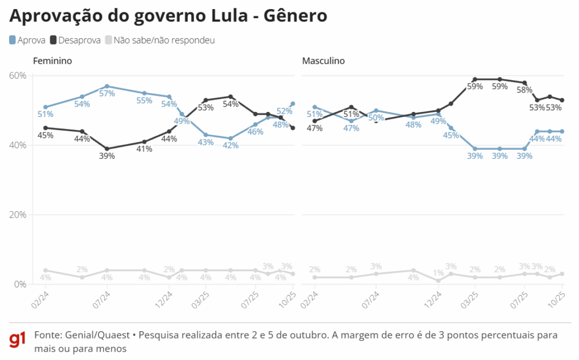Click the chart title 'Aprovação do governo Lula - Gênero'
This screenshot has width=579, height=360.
coord(168,16)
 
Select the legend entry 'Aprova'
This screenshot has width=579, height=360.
coord(28,40)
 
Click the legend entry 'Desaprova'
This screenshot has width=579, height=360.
coord(75,40)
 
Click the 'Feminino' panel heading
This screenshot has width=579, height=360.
coord(52,61)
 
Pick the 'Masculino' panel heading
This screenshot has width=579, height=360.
coord(323,61)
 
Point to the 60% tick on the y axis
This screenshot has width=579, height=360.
coord(18,76)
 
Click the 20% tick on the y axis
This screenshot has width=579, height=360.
coord(18,215)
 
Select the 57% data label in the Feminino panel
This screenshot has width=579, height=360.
coord(107,94)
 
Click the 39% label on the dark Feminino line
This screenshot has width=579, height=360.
coord(107,156)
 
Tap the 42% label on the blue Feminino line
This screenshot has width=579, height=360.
coord(231,146)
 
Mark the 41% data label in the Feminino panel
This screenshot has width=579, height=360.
coord(144,150)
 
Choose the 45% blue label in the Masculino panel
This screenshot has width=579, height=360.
coord(451,135)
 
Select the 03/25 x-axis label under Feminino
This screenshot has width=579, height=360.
coord(199,300)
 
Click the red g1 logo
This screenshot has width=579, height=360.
coord(18,340)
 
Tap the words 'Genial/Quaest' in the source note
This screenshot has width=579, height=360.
coord(92,335)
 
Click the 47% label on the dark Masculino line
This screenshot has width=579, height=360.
coord(314,128)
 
